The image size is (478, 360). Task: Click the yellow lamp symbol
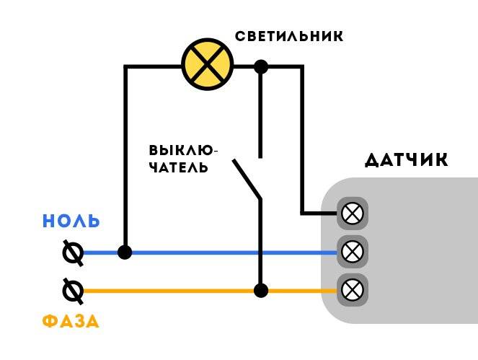208,64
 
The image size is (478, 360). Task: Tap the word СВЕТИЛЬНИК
289,36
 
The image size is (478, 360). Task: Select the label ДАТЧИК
407,159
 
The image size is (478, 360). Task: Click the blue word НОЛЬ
71,221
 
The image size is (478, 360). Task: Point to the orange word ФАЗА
71,321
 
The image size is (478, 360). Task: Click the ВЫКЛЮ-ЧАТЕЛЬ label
183,159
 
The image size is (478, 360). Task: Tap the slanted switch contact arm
247,179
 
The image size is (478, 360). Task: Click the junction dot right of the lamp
261,67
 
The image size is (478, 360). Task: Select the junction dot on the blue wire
125,253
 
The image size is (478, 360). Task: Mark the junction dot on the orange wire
261,291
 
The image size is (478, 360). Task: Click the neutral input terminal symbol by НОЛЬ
73,253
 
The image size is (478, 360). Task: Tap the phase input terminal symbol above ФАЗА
73,291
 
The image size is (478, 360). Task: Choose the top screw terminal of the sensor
353,214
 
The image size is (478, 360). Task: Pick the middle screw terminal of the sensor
353,252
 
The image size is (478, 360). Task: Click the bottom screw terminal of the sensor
353,291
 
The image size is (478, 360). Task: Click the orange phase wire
210,291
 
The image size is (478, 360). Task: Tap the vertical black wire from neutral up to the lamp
125,159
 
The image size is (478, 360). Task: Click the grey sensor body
421,250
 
